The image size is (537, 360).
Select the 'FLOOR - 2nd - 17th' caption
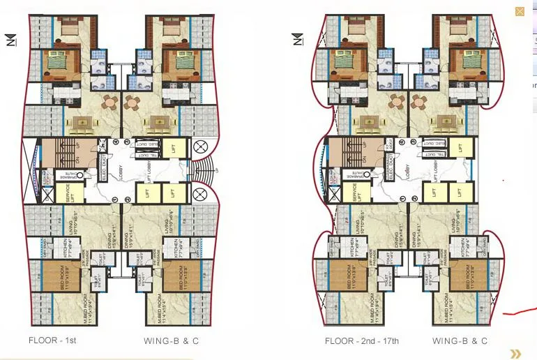(361, 341)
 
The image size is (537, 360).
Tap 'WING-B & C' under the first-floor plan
(171, 341)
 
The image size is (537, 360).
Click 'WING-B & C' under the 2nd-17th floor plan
(460, 341)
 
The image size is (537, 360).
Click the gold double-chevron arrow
(515, 354)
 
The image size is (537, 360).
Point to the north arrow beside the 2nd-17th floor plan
(298, 40)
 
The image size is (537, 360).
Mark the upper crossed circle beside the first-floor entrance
(200, 147)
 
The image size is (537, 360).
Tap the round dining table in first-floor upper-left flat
(110, 103)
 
